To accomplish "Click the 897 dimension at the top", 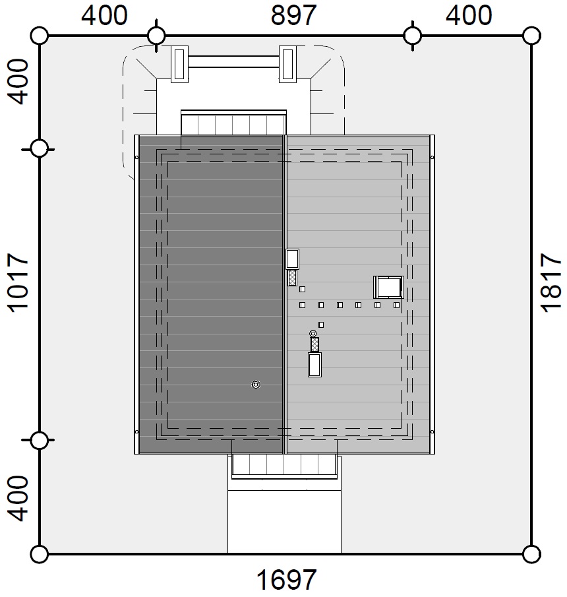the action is click(x=293, y=16).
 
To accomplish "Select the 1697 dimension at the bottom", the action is click(x=286, y=579).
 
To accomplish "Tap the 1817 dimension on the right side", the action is click(x=551, y=283).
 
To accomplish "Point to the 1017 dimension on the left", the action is click(x=18, y=283).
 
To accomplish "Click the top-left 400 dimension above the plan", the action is click(x=104, y=16).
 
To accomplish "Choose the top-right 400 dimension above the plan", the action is click(x=469, y=16).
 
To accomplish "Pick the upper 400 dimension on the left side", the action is click(x=18, y=82).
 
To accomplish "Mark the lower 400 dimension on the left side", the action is click(x=18, y=498).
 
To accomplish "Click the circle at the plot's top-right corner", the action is click(x=531, y=36).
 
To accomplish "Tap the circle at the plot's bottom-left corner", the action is click(x=39, y=554).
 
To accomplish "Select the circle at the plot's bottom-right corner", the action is click(x=531, y=554).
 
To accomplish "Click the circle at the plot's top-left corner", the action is click(x=39, y=36).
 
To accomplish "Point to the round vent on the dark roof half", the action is click(x=256, y=385).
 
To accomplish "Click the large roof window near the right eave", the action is click(x=388, y=288).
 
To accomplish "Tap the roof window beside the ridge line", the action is click(x=292, y=259).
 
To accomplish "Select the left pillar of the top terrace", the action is click(x=179, y=65).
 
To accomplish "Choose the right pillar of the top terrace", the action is click(x=287, y=65).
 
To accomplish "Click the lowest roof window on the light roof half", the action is click(x=314, y=365).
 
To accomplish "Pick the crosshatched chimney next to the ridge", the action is click(x=292, y=278).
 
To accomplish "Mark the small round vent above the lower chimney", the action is click(x=313, y=334).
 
